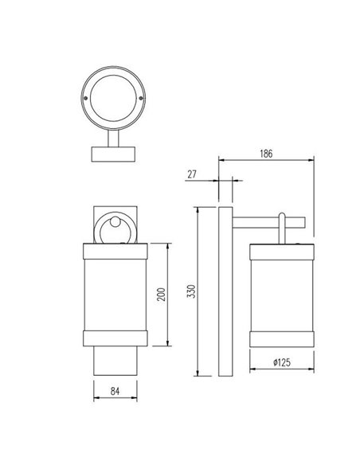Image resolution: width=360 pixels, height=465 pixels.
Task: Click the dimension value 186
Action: pyautogui.click(x=267, y=154)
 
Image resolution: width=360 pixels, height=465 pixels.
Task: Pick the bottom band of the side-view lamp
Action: pyautogui.click(x=284, y=336)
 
